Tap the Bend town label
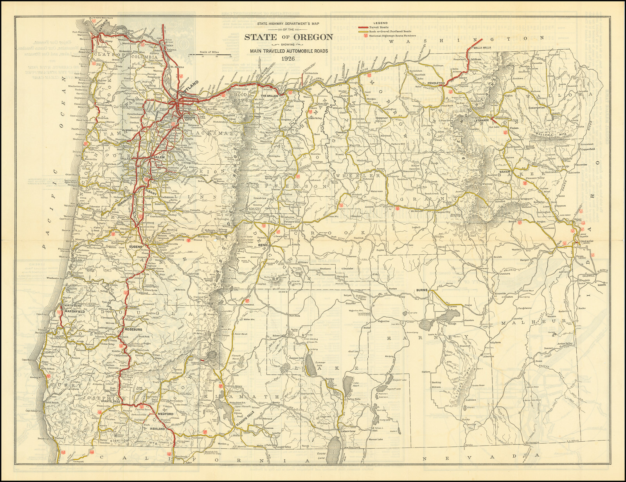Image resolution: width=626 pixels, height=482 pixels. pos(263,245)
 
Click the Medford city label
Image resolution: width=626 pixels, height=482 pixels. pos(165,414)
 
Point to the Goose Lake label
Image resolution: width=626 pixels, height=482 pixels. pos(322,455)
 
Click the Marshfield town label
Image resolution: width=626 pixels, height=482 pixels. pos(75,311)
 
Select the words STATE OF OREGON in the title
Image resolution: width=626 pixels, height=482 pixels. pos(289,37)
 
